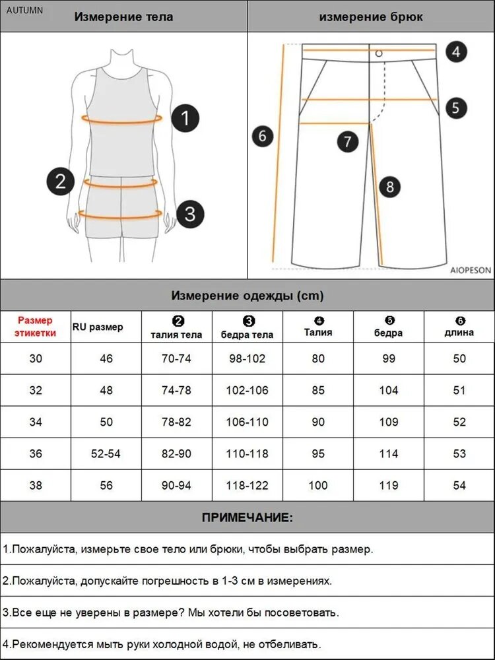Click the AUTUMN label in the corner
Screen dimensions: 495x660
pos(24,11)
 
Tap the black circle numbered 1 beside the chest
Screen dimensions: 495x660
pos(185,118)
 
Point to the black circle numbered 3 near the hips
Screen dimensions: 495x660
pos(190,214)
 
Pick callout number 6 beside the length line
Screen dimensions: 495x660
pos(263,136)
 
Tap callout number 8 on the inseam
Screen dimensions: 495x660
pos(390,187)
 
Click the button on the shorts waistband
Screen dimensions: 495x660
pos(379,53)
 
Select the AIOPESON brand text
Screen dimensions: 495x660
pos(471,270)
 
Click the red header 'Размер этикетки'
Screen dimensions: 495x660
pos(36,327)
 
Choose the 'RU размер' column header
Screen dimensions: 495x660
pos(98,327)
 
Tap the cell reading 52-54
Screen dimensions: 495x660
pos(106,454)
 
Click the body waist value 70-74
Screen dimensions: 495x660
pos(176,358)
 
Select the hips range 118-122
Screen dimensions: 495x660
pos(247,485)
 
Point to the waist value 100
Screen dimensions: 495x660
pos(318,485)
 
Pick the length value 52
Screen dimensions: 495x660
pos(459,422)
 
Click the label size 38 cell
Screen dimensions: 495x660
pos(36,485)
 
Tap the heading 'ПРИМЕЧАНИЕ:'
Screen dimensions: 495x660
pos(247,517)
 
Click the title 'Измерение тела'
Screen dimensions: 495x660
pos(123,17)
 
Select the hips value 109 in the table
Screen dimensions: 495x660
pos(388,422)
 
